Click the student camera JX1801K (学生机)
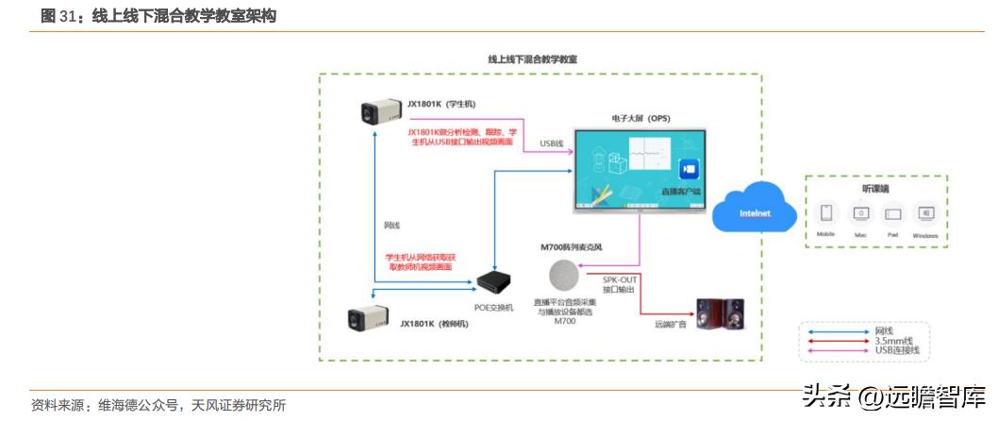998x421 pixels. click(378, 114)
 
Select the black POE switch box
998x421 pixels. click(493, 282)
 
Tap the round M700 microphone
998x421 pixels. click(564, 275)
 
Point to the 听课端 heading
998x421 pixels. click(875, 188)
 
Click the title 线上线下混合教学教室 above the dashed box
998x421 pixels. click(532, 59)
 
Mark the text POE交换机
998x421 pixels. click(493, 308)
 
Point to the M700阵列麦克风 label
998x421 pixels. click(571, 247)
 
